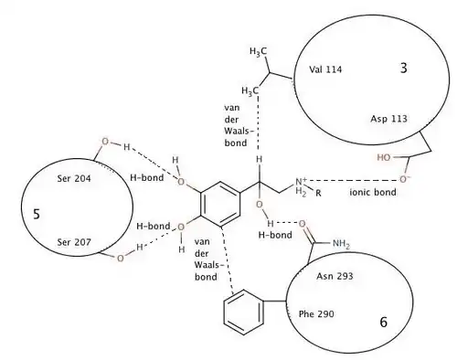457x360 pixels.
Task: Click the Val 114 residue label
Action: (x=325, y=69)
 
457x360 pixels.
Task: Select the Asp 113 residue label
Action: (x=388, y=119)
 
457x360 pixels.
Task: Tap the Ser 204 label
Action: (x=74, y=178)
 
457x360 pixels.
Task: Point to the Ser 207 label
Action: (x=74, y=242)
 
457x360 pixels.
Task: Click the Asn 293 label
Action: (x=335, y=276)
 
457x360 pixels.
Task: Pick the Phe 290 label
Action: (x=316, y=313)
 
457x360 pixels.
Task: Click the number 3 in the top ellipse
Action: (x=403, y=69)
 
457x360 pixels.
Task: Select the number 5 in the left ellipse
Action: (x=37, y=215)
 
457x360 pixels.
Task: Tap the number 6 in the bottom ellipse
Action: (x=384, y=322)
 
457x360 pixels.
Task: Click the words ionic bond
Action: (x=373, y=192)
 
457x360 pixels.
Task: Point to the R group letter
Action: (x=318, y=193)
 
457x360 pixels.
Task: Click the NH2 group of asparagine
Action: (x=341, y=244)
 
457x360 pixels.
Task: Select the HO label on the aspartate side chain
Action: (x=384, y=157)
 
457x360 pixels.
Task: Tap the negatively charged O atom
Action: (x=404, y=179)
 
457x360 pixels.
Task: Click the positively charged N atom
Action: (x=301, y=182)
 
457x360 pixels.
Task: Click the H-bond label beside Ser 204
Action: (x=147, y=177)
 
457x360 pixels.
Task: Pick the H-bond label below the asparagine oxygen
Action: (x=275, y=235)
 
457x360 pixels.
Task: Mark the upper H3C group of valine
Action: (x=258, y=51)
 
